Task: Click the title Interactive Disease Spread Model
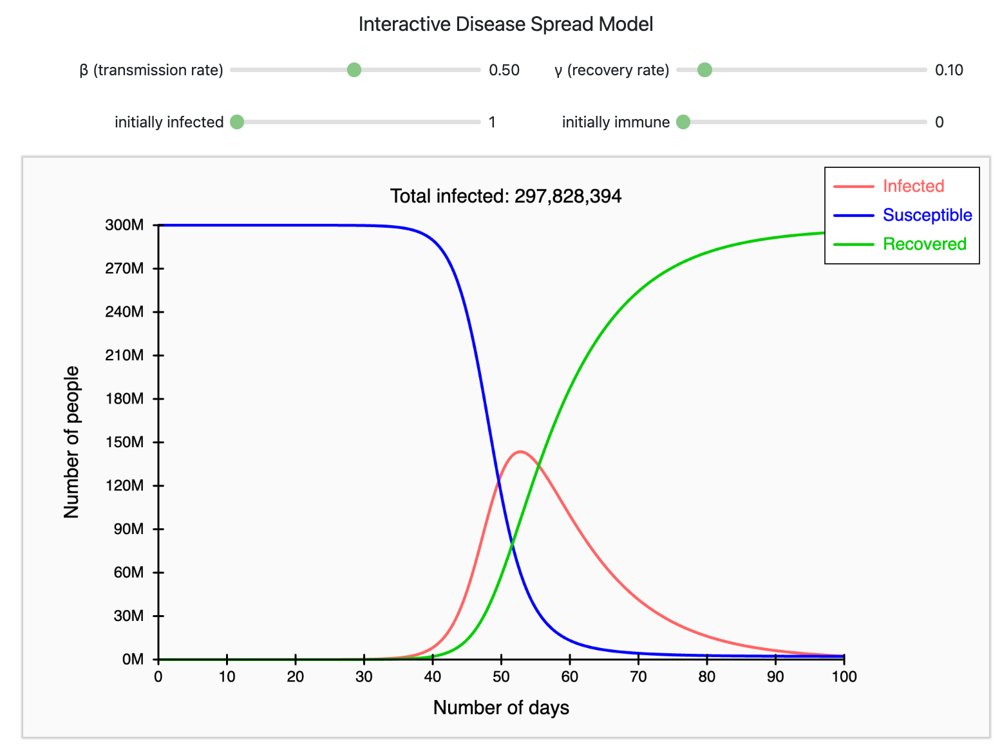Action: tap(506, 24)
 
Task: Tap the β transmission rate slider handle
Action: tap(354, 70)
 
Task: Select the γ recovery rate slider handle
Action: tap(704, 70)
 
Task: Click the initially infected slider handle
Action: tap(237, 122)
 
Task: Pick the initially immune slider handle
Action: tap(683, 122)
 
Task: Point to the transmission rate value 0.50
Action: tap(504, 70)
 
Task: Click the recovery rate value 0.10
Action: tap(949, 70)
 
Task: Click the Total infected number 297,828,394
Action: tap(567, 196)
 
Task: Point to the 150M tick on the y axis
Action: tap(125, 442)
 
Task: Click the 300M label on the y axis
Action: tap(125, 225)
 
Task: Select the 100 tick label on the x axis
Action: tap(844, 676)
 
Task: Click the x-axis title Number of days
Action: tap(501, 708)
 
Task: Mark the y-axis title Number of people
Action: tap(71, 442)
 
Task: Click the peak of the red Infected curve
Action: tap(520, 452)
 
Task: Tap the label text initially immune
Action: tap(616, 122)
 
